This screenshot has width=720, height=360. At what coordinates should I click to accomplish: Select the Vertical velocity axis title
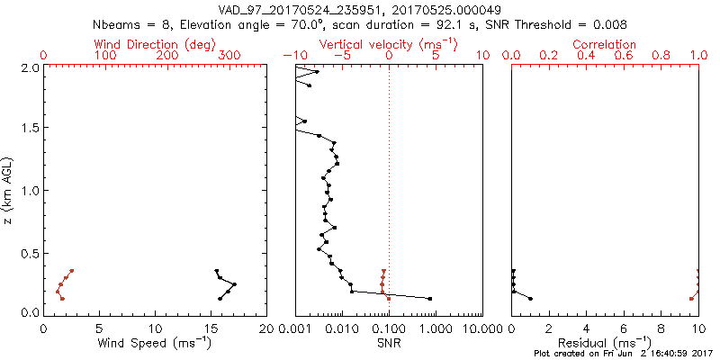click(x=389, y=44)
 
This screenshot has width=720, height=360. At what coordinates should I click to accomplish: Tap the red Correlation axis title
click(x=605, y=44)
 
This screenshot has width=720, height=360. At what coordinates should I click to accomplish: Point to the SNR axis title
click(x=389, y=344)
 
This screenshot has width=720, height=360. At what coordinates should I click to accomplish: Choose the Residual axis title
click(x=606, y=344)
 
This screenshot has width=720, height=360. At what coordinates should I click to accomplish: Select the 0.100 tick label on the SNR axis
click(x=389, y=329)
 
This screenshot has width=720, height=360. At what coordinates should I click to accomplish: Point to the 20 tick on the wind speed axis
click(x=267, y=329)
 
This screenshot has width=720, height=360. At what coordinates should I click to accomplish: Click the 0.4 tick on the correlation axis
click(x=587, y=56)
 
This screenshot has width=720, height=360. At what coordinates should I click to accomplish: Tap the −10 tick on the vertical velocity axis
click(x=292, y=56)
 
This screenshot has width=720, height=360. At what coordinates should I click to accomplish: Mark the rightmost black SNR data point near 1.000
click(x=430, y=299)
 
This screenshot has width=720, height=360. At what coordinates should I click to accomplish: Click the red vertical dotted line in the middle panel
click(x=389, y=180)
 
